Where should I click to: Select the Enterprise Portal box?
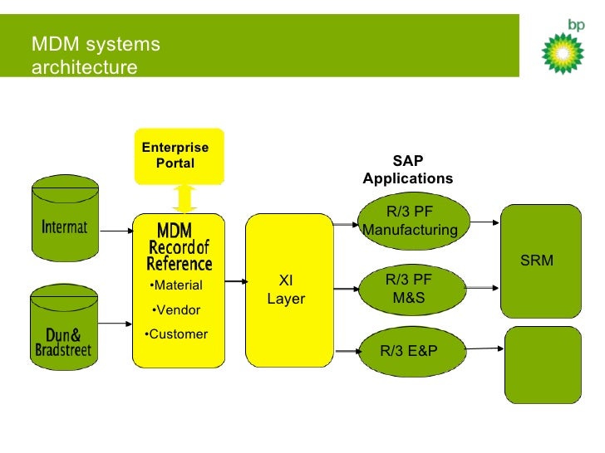click(x=180, y=156)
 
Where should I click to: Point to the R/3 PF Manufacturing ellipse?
click(x=410, y=220)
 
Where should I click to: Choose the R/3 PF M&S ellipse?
click(x=409, y=288)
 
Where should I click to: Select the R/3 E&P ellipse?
click(x=409, y=350)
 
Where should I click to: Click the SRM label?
click(x=536, y=261)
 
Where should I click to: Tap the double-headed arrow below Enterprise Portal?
click(x=185, y=198)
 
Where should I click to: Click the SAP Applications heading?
click(x=408, y=170)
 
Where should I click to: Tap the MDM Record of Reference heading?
click(x=179, y=246)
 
